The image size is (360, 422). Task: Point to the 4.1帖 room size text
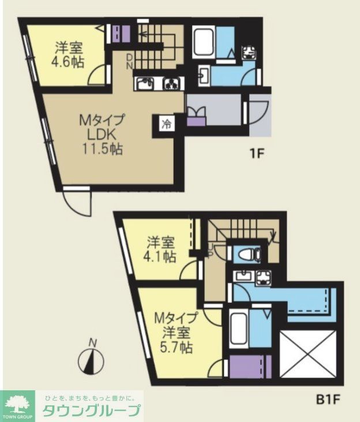(x=161, y=257)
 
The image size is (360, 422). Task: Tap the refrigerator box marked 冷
(x=166, y=124)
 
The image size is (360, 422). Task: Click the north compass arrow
(x=92, y=360)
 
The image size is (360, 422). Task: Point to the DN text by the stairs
(x=130, y=61)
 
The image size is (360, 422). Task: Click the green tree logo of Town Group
(x=19, y=402)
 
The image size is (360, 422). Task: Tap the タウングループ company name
(x=91, y=410)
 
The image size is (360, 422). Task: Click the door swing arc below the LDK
(x=77, y=203)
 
